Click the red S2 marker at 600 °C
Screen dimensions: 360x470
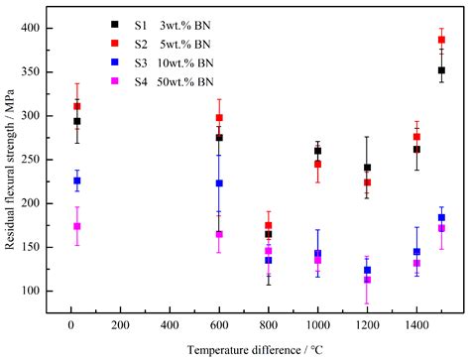[219, 118]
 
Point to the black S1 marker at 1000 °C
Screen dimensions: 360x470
[317, 151]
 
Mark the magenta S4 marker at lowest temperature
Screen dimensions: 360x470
[77, 226]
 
